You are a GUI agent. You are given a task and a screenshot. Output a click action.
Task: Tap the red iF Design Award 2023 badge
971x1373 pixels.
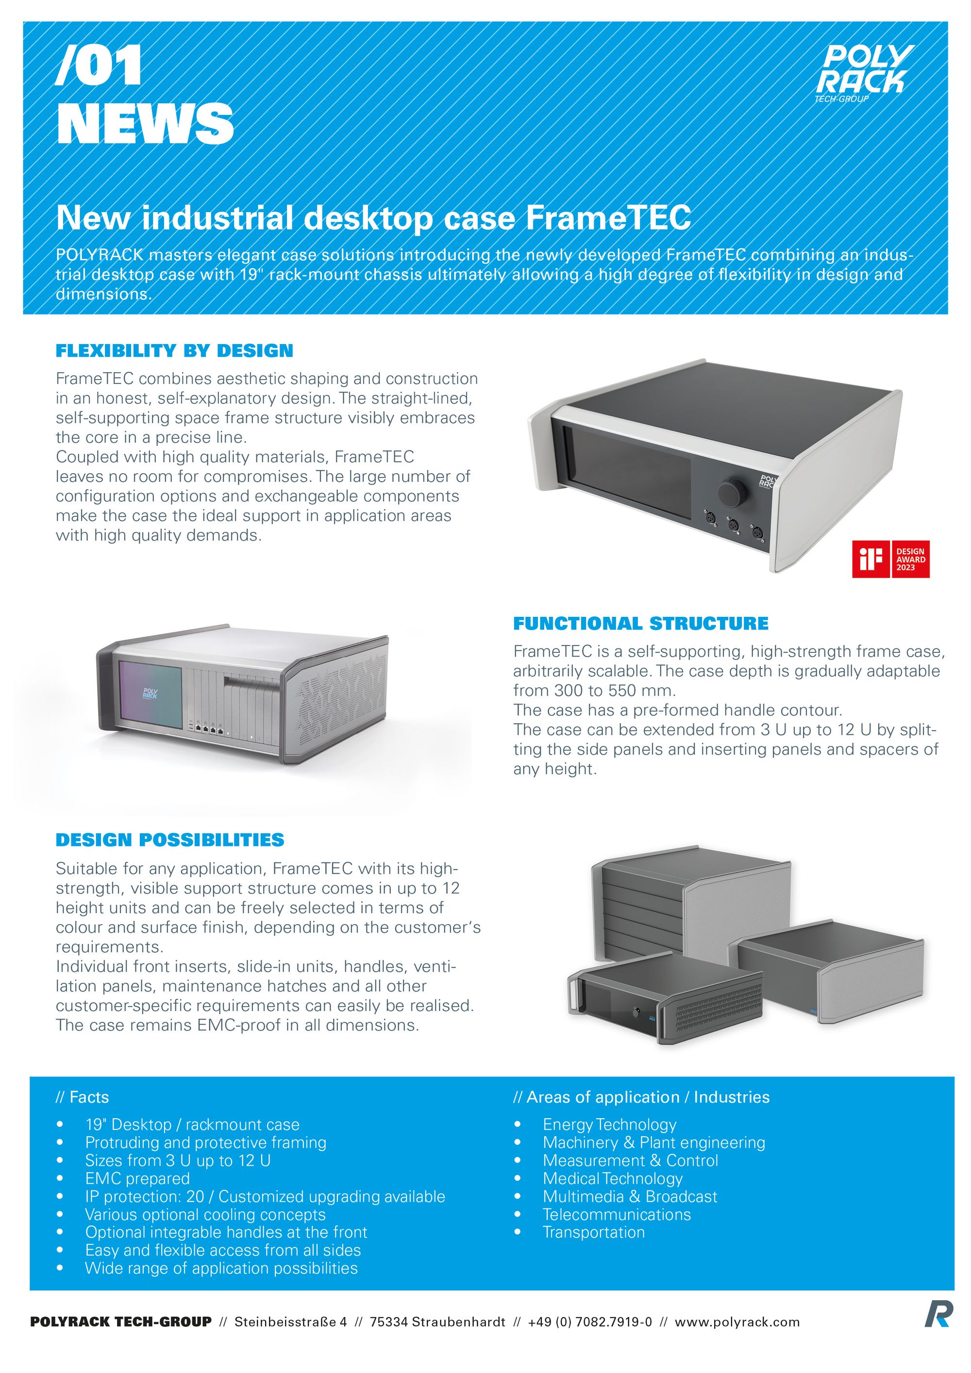pyautogui.click(x=890, y=559)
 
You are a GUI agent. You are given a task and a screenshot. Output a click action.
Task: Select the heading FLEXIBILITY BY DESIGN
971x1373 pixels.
pyautogui.click(x=174, y=350)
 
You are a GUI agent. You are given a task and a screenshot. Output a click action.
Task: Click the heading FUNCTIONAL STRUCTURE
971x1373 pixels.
pyautogui.click(x=640, y=623)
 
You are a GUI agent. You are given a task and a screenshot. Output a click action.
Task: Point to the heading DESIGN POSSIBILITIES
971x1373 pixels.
pyautogui.click(x=170, y=840)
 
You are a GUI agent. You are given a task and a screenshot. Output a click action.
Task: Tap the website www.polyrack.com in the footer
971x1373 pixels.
pyautogui.click(x=737, y=1322)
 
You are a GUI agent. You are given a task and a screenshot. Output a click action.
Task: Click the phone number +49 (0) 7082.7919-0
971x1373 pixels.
pyautogui.click(x=589, y=1322)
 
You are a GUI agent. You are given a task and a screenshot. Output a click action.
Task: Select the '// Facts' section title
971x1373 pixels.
pyautogui.click(x=82, y=1097)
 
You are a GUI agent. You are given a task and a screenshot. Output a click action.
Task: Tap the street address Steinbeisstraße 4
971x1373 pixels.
pyautogui.click(x=290, y=1322)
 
